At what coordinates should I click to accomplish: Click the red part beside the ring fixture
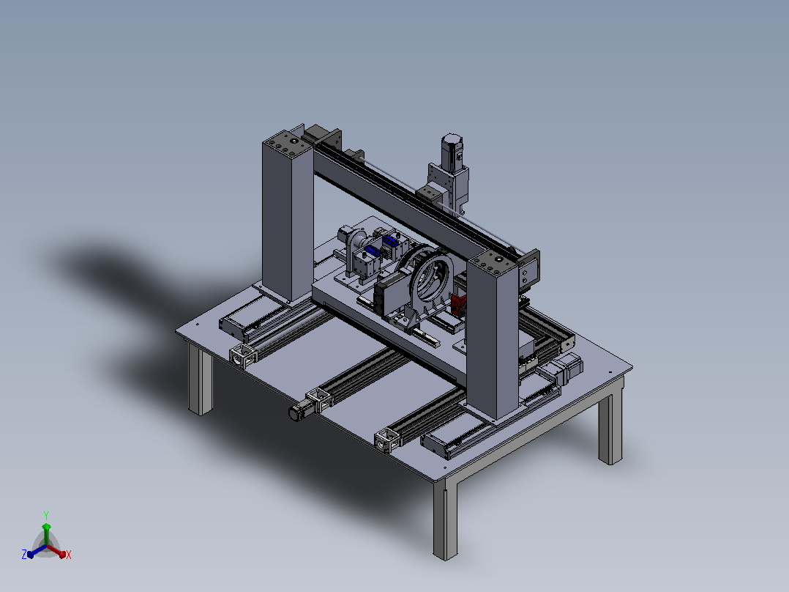458,306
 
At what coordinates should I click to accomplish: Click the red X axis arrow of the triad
57,551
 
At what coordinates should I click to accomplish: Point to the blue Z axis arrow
37,551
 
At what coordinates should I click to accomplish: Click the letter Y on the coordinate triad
46,516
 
